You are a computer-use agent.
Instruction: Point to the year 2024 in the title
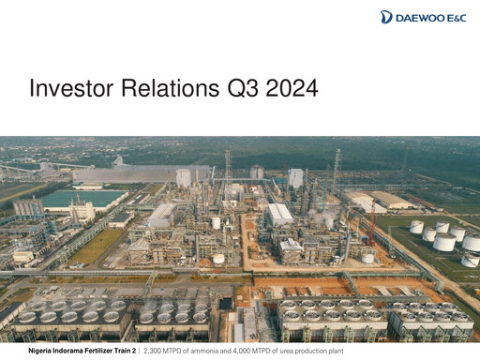[291, 90]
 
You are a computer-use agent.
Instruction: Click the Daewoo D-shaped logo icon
[386, 17]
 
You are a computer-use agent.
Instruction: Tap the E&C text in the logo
[458, 17]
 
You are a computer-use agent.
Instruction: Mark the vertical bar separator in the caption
[138, 351]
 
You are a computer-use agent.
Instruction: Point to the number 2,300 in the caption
[153, 351]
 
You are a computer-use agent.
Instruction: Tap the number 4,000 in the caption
[246, 351]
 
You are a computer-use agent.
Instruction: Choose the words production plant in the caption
[334, 351]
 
